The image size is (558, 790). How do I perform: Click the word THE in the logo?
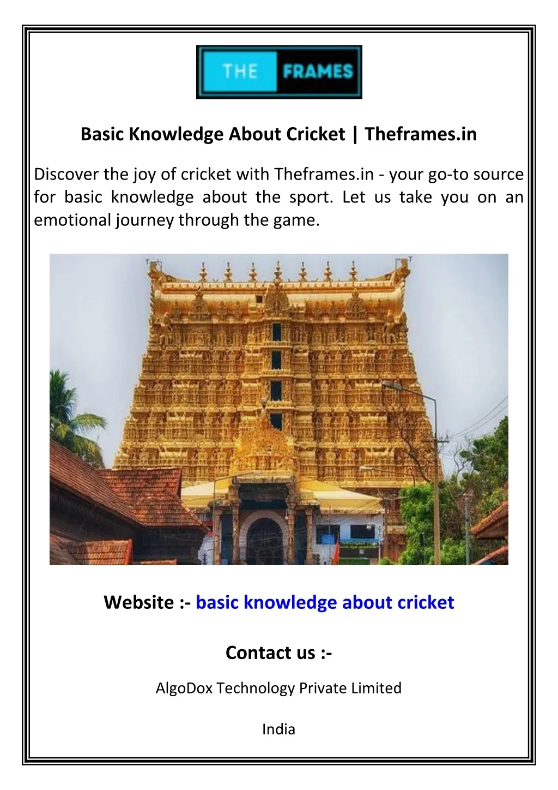point(240,71)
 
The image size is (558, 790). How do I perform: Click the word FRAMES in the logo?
point(318,71)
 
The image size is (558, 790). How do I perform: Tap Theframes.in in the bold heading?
point(421,134)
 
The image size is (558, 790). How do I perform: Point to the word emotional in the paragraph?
point(72,220)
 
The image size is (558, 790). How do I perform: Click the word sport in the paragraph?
point(310,197)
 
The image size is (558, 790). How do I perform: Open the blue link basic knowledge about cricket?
point(325,602)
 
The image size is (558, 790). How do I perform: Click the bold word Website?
point(138,602)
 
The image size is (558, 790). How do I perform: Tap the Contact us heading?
point(278,653)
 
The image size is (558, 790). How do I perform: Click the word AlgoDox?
point(184,688)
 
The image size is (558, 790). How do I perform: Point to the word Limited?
point(376,688)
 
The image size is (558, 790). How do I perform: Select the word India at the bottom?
point(278,729)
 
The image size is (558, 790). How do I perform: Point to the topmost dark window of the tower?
point(277,331)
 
